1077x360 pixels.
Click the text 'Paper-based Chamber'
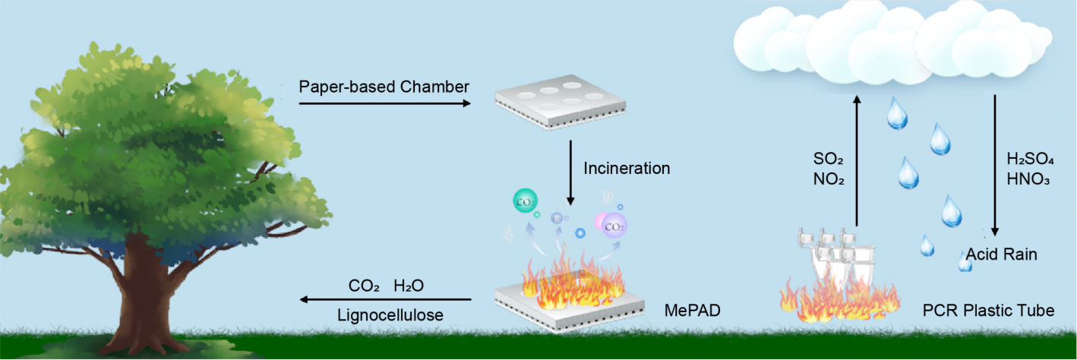[384, 87]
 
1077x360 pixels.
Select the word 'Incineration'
[627, 168]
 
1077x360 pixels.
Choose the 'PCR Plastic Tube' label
[999, 311]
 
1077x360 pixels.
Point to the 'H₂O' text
[408, 286]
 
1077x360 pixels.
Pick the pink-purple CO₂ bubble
[614, 225]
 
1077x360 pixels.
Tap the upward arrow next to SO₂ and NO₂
[857, 159]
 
